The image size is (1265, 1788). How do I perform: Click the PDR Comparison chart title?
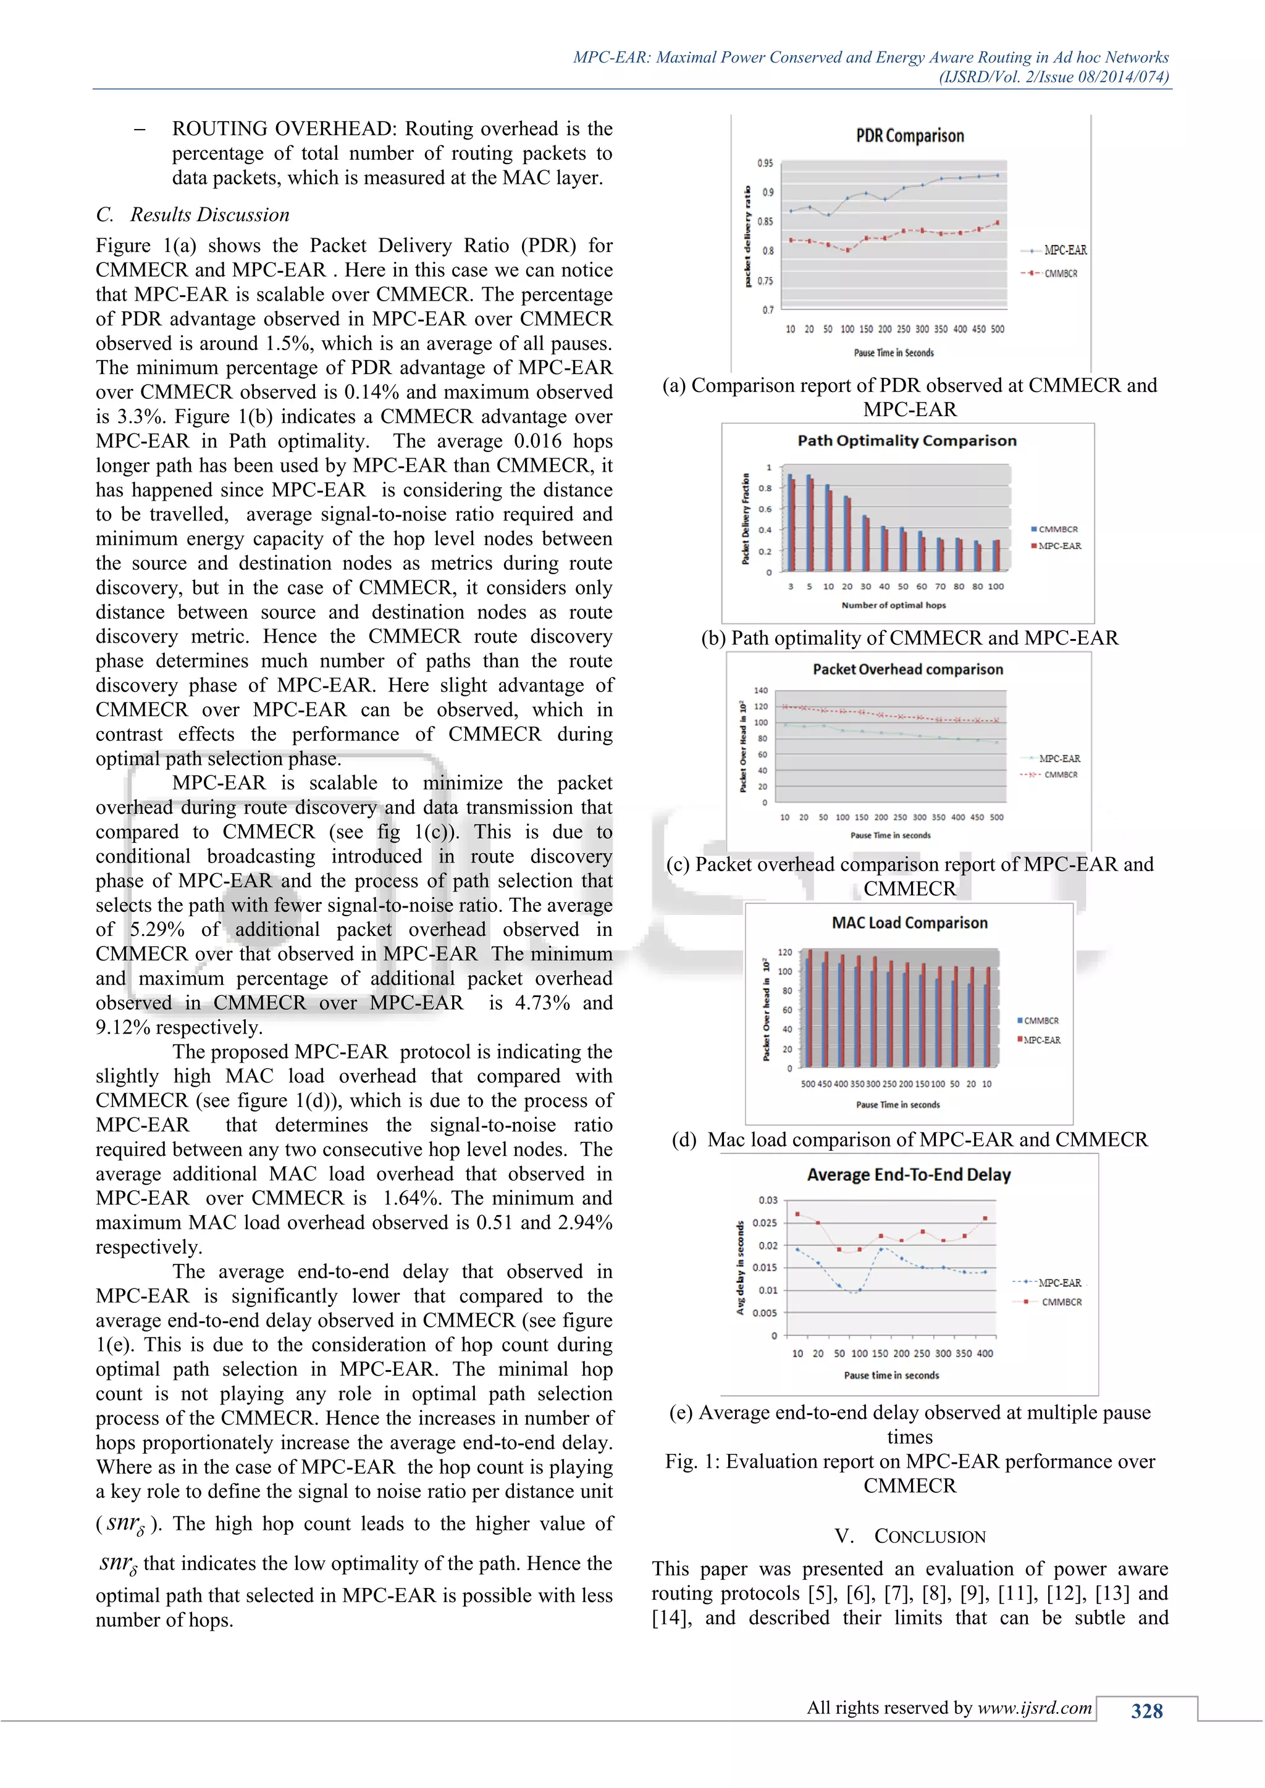[x=909, y=136]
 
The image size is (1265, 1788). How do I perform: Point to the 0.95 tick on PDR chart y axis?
[x=765, y=164]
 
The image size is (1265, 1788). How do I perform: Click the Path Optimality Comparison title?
[x=907, y=441]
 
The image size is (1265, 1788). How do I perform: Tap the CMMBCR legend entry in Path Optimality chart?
[x=1057, y=530]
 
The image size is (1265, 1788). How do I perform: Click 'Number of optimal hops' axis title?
[x=893, y=605]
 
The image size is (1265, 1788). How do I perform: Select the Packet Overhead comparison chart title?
[x=907, y=670]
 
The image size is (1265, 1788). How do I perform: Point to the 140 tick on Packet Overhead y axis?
[x=760, y=691]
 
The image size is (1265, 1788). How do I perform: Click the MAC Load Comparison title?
[x=909, y=923]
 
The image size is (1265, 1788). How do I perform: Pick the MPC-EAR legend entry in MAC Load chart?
[x=1041, y=1040]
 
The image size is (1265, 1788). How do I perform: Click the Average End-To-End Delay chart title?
[x=908, y=1175]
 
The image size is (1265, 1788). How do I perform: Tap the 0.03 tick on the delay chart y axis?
[x=767, y=1200]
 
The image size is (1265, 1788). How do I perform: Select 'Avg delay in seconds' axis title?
[x=740, y=1267]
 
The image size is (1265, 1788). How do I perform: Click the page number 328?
[x=1146, y=1711]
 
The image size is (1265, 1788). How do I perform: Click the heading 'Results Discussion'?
[x=209, y=215]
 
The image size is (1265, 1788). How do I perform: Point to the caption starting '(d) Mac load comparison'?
[x=909, y=1140]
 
